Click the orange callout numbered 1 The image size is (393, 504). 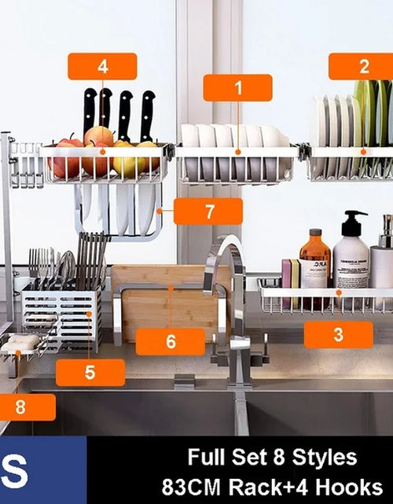237,87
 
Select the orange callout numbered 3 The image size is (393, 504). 338,334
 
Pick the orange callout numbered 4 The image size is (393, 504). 102,66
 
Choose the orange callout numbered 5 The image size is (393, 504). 90,372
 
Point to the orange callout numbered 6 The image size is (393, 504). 170,342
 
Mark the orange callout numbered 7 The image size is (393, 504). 208,212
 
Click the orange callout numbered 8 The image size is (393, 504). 22,407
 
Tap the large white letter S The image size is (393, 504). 15,470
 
